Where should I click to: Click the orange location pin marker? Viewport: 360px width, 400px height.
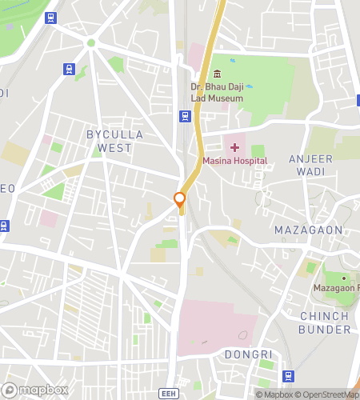(x=180, y=200)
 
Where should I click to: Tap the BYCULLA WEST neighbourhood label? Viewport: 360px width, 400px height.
(x=114, y=141)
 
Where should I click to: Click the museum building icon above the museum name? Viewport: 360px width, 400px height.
(x=217, y=74)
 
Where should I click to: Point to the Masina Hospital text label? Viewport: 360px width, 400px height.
(x=234, y=162)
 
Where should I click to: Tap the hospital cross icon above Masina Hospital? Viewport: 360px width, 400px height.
(x=234, y=147)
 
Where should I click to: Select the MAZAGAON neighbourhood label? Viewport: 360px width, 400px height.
(x=308, y=230)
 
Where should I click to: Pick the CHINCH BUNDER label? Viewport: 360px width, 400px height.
(x=324, y=322)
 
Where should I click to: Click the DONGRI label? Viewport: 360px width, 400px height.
(x=248, y=354)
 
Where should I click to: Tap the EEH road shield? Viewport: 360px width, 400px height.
(x=168, y=394)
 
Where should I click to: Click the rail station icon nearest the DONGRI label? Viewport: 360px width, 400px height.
(x=289, y=375)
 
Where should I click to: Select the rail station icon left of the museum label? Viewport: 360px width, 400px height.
(x=185, y=117)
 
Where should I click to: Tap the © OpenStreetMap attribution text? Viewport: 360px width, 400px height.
(x=328, y=394)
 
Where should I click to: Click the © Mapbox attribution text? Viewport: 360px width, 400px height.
(x=274, y=394)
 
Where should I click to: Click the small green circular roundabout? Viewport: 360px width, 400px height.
(x=90, y=42)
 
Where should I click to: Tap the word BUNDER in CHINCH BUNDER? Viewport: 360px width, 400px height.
(x=324, y=329)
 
